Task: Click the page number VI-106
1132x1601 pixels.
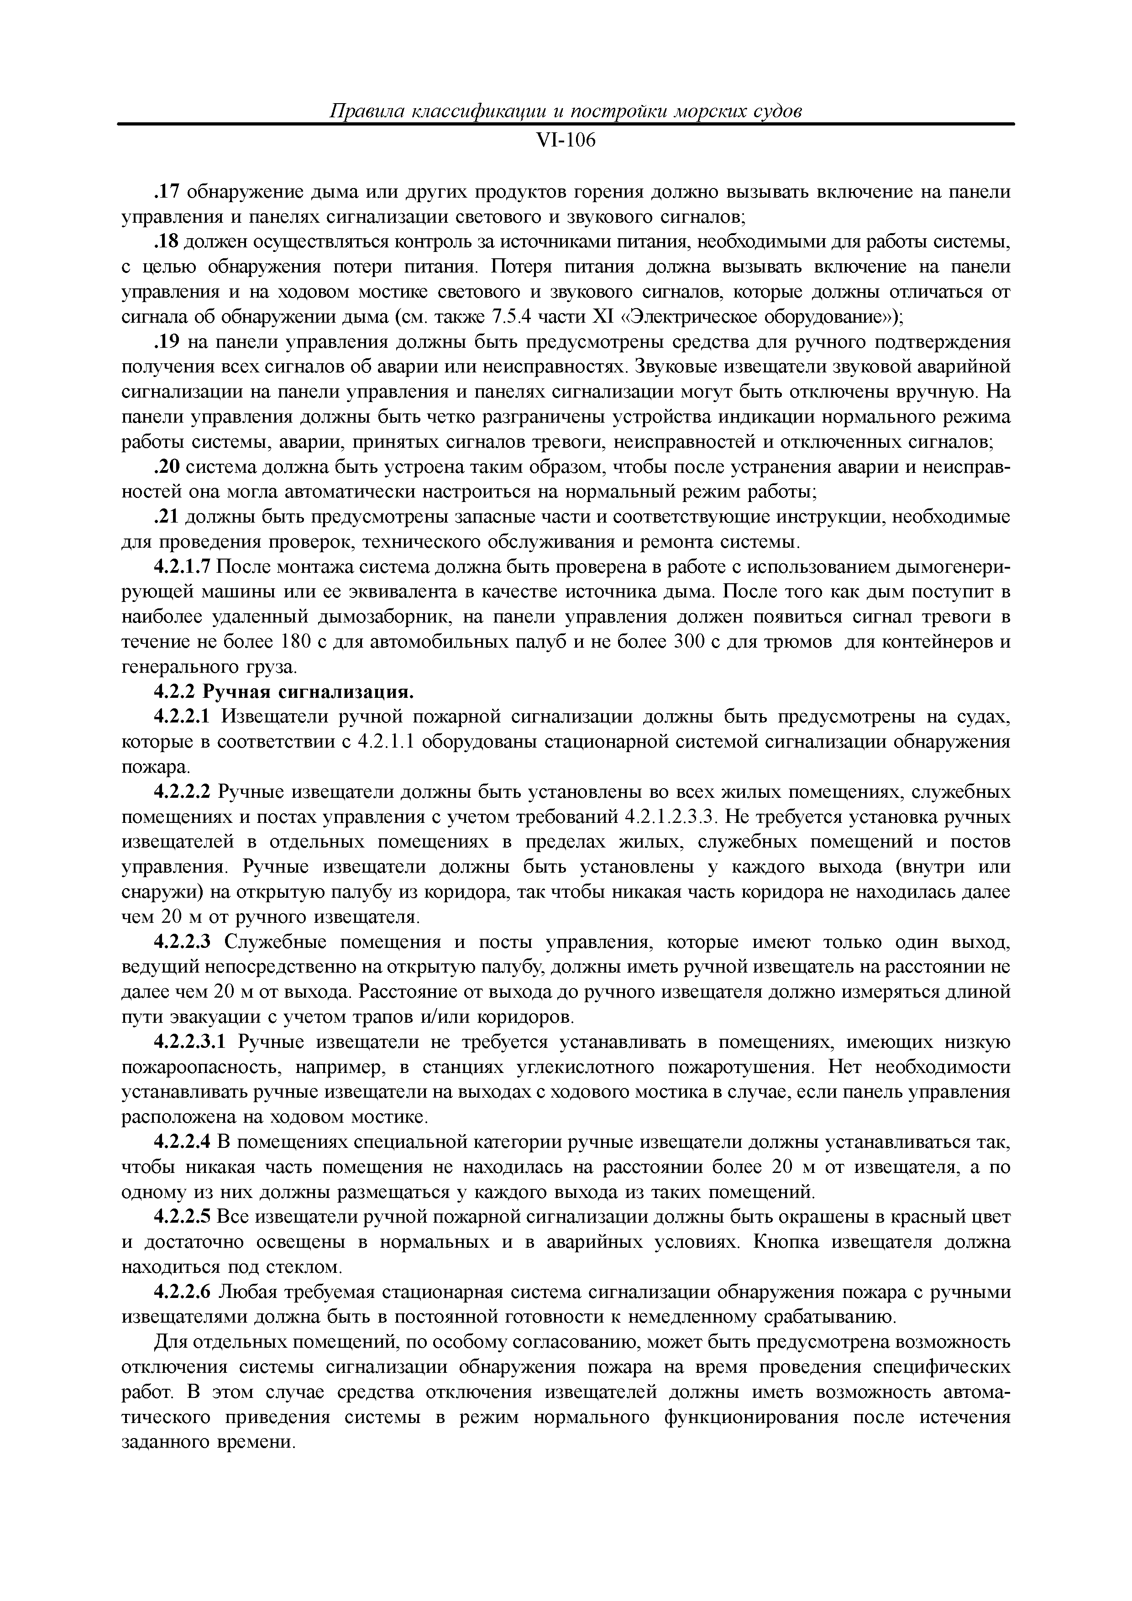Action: click(x=566, y=141)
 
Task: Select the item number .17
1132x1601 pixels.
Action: click(x=167, y=192)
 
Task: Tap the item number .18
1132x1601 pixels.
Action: click(x=167, y=242)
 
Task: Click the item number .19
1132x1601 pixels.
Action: click(x=167, y=342)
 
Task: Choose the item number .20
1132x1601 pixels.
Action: click(x=167, y=467)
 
